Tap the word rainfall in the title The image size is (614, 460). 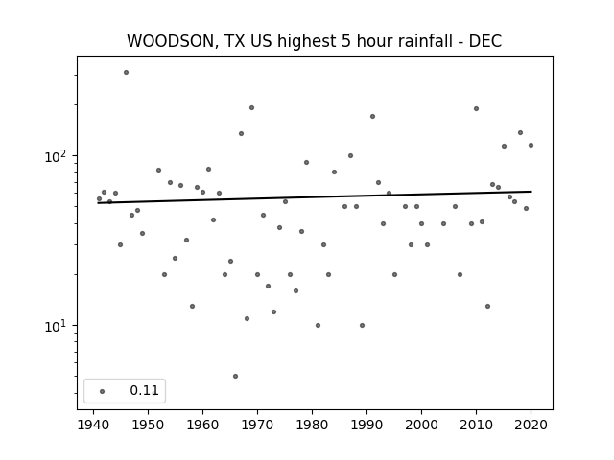pos(425,41)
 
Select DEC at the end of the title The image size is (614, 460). pos(485,41)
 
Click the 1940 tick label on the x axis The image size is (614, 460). pos(94,425)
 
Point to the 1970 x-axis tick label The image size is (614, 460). pos(257,425)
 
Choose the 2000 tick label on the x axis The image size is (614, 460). pos(421,425)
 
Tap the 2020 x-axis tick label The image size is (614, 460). pos(531,425)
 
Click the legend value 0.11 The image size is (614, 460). pos(144,390)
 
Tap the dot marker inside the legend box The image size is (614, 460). pos(103,391)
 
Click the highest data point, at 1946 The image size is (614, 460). pos(126,73)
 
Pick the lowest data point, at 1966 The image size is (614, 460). pos(235,377)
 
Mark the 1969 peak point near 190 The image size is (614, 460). pos(251,108)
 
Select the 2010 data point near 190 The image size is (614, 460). pos(476,108)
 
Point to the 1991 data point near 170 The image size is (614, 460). pos(372,117)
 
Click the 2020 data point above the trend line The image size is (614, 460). pos(531,145)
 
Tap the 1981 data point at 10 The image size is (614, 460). pos(318,326)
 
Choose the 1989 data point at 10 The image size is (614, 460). pos(363,326)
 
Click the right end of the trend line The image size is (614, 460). pos(531,192)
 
